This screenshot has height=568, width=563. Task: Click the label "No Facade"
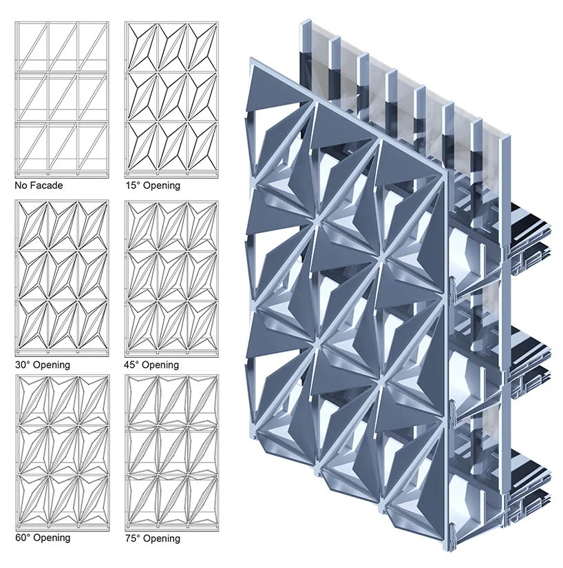(x=39, y=185)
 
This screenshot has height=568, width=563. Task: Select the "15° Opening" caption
(x=153, y=185)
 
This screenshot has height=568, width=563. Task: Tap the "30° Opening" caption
(x=43, y=365)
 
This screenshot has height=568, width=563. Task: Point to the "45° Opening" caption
(x=151, y=365)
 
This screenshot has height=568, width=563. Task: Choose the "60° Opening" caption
(x=43, y=537)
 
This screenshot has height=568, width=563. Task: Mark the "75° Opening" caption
(x=153, y=538)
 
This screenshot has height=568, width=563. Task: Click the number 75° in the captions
(x=133, y=538)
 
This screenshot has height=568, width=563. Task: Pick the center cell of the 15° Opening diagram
(x=173, y=97)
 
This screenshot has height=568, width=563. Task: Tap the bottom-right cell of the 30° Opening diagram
(x=93, y=325)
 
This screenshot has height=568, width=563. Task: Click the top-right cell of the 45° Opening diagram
(x=202, y=225)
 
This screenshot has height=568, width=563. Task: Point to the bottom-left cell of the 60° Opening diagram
(x=33, y=500)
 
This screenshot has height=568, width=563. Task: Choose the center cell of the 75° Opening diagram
(x=173, y=450)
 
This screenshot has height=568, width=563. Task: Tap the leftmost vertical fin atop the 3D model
(x=306, y=58)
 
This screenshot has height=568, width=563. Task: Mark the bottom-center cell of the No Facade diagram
(x=63, y=145)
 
